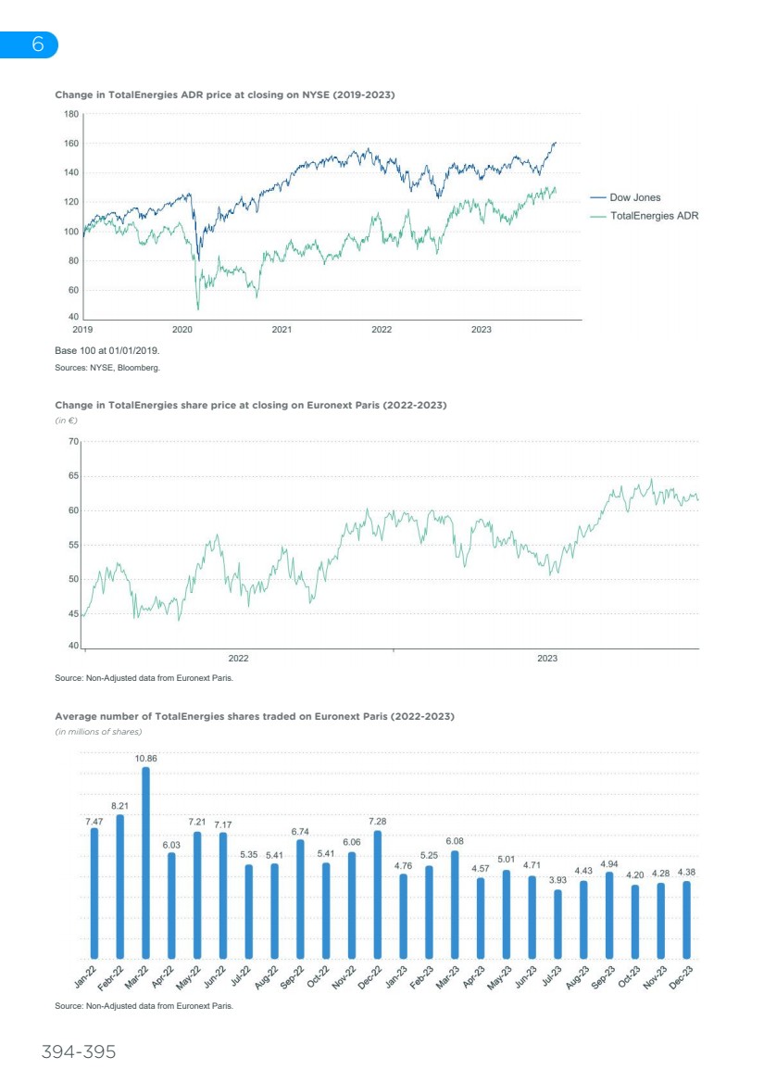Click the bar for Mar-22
click(x=145, y=863)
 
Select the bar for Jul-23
click(x=557, y=925)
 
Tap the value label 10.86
click(x=145, y=758)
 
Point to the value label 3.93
click(x=557, y=880)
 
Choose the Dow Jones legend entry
click(x=635, y=197)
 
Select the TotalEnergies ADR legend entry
click(x=654, y=215)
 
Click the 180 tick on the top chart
click(x=71, y=114)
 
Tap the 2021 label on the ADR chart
click(x=282, y=329)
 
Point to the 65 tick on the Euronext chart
click(x=72, y=476)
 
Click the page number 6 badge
click(x=37, y=44)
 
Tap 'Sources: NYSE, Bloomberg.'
click(x=107, y=368)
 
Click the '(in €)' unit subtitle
click(x=65, y=421)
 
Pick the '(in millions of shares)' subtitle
click(x=98, y=732)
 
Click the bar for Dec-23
click(x=686, y=920)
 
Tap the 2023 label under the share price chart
click(x=546, y=658)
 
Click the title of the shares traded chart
click(x=255, y=716)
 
